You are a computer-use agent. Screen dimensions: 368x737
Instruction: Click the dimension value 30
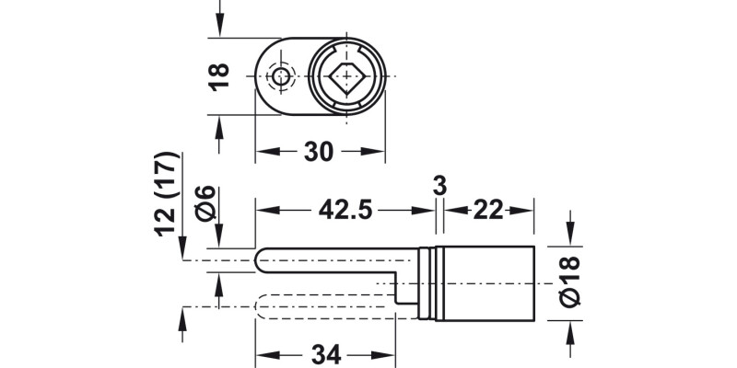318,152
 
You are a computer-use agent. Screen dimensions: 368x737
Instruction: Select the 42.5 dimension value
345,211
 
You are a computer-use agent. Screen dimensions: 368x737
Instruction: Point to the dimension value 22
489,211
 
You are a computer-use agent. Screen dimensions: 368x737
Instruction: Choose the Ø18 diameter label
570,282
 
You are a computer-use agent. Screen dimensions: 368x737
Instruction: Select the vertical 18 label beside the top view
219,76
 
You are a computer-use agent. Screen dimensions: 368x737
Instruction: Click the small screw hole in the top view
279,76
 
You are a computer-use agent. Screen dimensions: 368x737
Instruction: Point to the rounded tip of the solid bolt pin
262,260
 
